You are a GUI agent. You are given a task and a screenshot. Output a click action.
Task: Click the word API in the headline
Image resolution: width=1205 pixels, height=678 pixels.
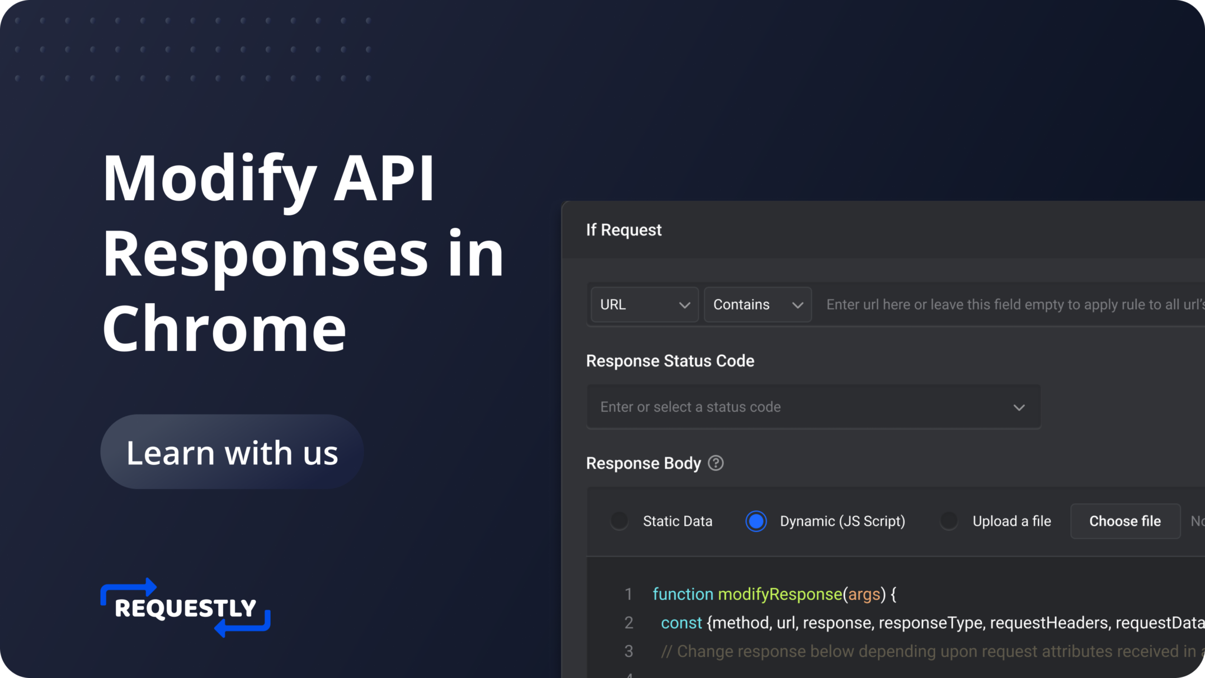click(384, 178)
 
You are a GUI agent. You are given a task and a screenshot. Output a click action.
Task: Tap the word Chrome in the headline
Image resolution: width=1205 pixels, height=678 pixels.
click(224, 328)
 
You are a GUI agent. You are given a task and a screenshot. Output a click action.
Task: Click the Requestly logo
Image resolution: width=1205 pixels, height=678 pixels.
click(185, 607)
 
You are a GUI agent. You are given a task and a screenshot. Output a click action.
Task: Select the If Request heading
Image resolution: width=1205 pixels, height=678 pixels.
click(624, 230)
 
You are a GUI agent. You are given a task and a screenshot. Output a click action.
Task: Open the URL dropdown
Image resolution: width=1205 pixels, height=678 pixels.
click(644, 305)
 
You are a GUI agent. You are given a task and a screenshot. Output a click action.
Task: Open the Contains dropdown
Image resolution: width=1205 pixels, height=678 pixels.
click(757, 305)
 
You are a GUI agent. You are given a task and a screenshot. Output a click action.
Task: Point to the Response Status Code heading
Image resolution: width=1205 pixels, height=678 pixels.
click(670, 361)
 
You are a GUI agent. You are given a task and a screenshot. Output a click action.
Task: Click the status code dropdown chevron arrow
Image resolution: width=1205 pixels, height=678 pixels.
click(1019, 407)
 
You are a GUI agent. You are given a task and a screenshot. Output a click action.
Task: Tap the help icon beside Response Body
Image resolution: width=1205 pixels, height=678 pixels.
click(715, 463)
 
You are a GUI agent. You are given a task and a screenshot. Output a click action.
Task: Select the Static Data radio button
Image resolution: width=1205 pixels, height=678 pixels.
click(619, 521)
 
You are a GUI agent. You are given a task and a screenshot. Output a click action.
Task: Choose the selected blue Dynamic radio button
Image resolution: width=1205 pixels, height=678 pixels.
click(756, 521)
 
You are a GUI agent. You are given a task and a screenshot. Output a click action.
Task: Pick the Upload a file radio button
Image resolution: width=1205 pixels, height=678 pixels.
click(948, 521)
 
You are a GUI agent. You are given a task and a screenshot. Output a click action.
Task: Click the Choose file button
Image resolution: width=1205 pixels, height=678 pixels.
click(1125, 521)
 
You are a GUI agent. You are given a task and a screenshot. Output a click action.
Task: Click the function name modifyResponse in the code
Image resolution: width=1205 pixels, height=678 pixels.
click(780, 594)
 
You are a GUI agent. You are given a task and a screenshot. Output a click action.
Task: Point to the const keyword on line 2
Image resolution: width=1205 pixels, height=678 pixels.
click(681, 623)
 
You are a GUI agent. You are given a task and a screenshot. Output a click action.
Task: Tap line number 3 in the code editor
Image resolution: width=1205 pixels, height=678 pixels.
click(628, 652)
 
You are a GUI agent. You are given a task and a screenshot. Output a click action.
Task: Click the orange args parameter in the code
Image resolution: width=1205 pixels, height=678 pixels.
click(864, 594)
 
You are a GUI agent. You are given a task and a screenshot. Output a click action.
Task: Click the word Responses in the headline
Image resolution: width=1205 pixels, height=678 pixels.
click(265, 254)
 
